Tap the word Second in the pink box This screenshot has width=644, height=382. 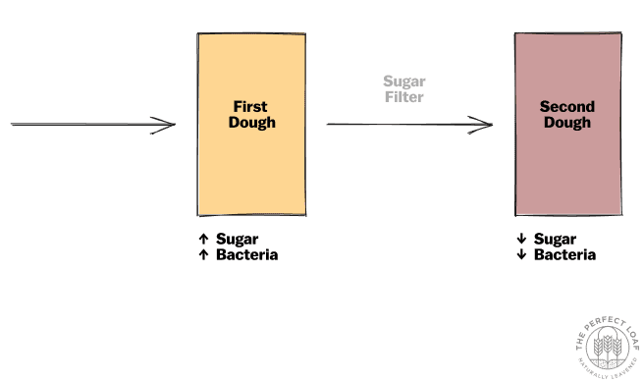[567, 106]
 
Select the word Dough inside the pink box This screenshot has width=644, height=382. [567, 123]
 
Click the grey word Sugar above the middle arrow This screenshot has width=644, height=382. [403, 82]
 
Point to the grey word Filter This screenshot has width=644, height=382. [403, 98]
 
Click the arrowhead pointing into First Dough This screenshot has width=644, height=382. [168, 125]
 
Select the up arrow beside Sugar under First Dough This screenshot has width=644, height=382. [203, 239]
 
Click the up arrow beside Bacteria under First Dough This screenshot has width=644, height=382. [203, 254]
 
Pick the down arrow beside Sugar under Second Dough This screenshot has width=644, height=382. [521, 239]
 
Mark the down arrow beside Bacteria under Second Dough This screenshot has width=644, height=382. [521, 254]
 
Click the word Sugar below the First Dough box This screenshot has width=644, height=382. [237, 239]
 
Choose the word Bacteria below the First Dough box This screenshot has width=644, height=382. [246, 254]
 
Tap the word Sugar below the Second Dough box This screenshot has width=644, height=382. [555, 239]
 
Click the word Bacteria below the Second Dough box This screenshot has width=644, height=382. [564, 254]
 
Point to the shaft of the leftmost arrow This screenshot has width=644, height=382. [88, 125]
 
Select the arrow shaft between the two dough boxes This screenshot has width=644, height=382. [402, 124]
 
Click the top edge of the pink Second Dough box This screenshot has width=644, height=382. [567, 33]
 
